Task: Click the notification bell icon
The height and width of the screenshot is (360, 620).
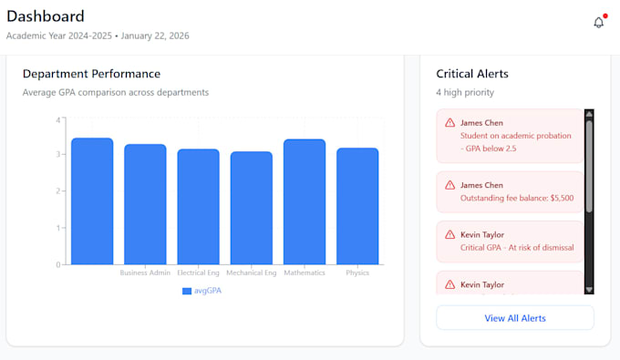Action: [599, 23]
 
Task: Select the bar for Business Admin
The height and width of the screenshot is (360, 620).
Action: [145, 204]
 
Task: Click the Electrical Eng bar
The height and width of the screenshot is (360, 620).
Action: [198, 207]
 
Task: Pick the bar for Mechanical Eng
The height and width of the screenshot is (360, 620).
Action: [252, 208]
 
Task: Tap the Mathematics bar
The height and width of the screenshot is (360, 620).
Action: [305, 201]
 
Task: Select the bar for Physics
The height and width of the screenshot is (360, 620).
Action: [357, 206]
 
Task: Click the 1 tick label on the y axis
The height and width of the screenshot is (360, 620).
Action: [58, 228]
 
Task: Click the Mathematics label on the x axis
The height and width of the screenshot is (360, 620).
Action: [305, 273]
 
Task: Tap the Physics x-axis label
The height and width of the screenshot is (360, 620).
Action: [357, 273]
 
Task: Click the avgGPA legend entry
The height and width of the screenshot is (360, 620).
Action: [201, 291]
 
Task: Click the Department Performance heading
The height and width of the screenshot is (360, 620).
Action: [91, 74]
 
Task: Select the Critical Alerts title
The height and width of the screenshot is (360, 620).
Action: [472, 74]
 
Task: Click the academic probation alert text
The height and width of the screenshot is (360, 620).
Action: [516, 142]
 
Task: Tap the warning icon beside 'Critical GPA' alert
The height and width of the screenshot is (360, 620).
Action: [450, 235]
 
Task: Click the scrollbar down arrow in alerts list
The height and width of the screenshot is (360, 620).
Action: [589, 290]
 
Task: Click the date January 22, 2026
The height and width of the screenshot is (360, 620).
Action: [155, 36]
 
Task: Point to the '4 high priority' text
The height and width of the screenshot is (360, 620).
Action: [465, 92]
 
